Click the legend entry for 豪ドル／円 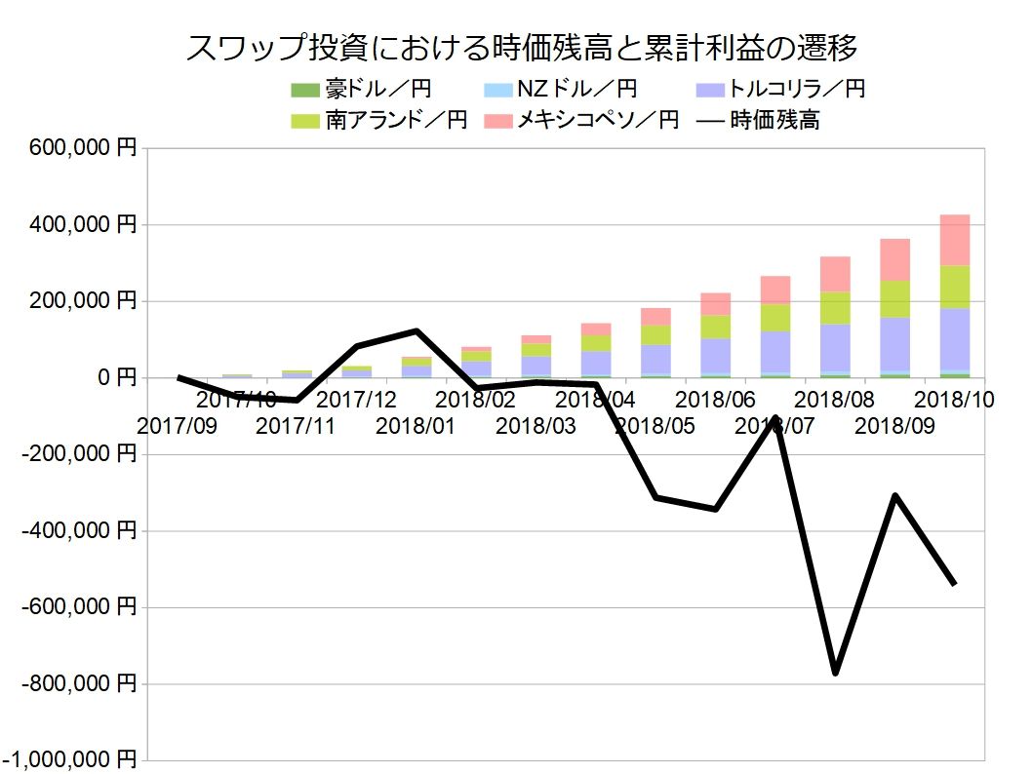pos(361,90)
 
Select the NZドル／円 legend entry pos(561,90)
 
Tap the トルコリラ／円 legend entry pos(780,90)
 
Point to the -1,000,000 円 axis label pos(71,760)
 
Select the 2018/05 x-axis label pos(655,426)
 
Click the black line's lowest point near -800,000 pos(835,673)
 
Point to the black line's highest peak pos(417,331)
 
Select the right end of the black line pos(954,583)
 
